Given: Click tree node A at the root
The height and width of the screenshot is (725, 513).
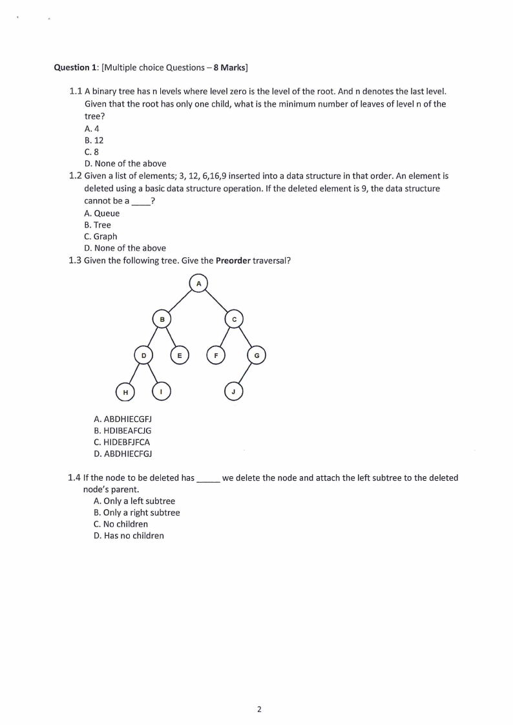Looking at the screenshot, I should (198, 283).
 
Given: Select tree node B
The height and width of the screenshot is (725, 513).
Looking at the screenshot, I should (162, 319).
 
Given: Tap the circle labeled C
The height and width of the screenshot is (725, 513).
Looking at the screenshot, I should (235, 319).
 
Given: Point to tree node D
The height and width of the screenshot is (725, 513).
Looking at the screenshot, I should (143, 355).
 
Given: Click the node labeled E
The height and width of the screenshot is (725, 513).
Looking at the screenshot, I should (180, 355).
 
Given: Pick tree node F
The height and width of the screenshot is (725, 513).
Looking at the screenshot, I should (216, 355).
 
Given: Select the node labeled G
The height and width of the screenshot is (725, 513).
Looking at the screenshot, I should (256, 355).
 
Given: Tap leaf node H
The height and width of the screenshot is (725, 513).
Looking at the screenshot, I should (125, 392).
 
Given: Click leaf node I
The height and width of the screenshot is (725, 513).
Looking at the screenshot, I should (162, 392).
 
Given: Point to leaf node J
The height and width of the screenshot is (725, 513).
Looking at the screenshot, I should (234, 392).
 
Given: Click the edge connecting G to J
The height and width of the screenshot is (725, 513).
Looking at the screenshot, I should (246, 373).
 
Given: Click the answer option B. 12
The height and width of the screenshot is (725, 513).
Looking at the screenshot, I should (94, 140).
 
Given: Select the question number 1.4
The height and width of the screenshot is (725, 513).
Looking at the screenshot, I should (74, 478).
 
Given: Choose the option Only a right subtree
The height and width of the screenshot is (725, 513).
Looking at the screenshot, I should (136, 512).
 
